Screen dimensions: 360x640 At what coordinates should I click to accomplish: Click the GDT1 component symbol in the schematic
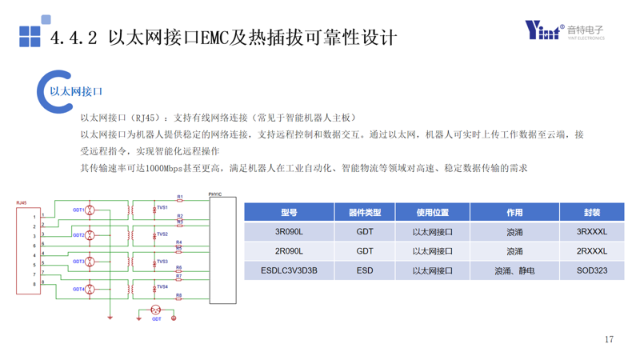click(x=90, y=210)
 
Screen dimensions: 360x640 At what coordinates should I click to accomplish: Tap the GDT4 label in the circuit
click(x=78, y=288)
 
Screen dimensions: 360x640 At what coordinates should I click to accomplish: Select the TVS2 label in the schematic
click(x=162, y=234)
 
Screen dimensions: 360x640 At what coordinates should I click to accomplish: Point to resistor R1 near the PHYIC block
click(x=180, y=200)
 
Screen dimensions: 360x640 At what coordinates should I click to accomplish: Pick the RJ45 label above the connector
click(x=21, y=205)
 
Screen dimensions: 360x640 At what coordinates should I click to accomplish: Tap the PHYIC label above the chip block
click(x=214, y=194)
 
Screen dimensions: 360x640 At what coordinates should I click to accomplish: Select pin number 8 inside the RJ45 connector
click(x=34, y=283)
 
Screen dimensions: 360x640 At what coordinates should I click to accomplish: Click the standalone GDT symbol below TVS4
click(x=156, y=310)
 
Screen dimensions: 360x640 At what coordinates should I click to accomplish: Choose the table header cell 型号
click(x=289, y=212)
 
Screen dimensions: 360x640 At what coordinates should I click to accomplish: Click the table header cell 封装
click(x=591, y=212)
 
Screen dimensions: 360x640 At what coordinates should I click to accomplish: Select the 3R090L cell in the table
click(x=289, y=232)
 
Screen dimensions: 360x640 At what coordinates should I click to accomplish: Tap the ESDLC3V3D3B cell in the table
click(x=289, y=270)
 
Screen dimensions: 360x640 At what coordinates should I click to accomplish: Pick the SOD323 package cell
click(x=591, y=270)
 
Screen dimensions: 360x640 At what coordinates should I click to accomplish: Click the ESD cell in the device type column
click(x=365, y=270)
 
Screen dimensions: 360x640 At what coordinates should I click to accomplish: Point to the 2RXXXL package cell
click(x=591, y=251)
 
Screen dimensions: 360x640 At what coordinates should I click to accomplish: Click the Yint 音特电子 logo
click(x=564, y=30)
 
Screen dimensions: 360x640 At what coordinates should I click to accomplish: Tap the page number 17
click(x=609, y=340)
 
